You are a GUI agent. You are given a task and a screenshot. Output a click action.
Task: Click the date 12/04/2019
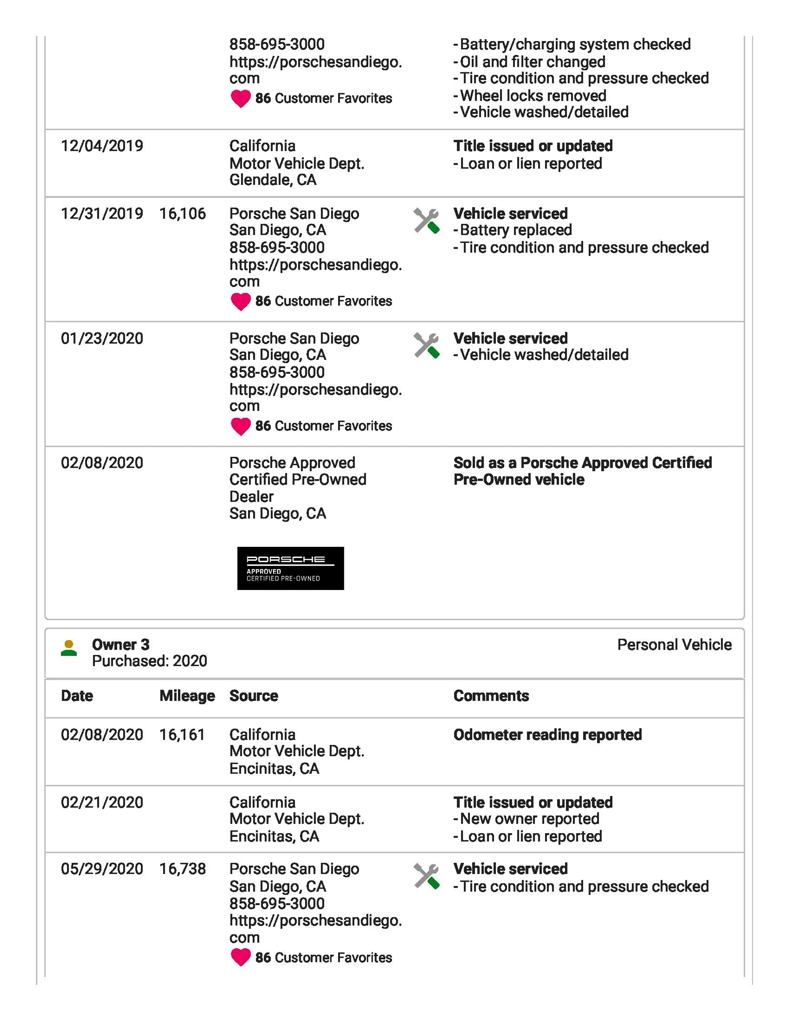click(102, 146)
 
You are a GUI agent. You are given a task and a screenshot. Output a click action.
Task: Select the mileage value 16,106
click(182, 214)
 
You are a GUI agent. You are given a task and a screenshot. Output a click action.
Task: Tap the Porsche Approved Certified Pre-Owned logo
click(290, 568)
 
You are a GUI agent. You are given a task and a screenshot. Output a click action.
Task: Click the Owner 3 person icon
click(69, 648)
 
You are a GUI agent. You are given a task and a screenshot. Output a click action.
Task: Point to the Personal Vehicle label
click(674, 645)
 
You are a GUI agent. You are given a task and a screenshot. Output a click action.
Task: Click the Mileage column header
click(187, 696)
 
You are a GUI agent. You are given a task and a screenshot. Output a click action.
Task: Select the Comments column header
click(491, 696)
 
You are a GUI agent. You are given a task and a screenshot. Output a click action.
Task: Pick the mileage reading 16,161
click(182, 735)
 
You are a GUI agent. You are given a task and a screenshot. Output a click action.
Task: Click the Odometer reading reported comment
click(547, 735)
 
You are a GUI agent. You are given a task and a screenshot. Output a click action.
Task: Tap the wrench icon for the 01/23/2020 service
click(426, 346)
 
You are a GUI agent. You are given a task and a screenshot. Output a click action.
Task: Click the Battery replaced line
click(515, 230)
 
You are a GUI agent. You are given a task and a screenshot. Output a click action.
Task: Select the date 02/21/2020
click(102, 802)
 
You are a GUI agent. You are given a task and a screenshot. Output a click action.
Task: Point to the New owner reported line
click(529, 818)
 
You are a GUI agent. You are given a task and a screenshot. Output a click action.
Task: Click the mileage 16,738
click(182, 869)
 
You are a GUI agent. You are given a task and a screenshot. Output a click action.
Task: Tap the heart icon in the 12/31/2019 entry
click(241, 302)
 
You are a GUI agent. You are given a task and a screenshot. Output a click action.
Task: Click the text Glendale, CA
click(273, 180)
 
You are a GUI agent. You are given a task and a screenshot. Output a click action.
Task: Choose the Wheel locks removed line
click(533, 95)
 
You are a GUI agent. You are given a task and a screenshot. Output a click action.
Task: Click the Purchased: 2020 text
click(149, 661)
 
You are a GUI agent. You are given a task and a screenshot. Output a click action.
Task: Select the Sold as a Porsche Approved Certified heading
click(582, 463)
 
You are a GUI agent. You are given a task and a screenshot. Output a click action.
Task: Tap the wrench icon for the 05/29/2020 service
click(426, 876)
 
